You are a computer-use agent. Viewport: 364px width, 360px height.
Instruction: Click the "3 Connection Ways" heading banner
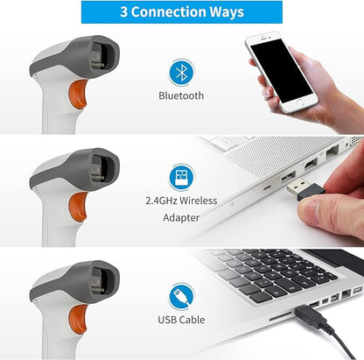[x=181, y=13]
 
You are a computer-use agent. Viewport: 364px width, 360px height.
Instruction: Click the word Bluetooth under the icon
[x=181, y=95]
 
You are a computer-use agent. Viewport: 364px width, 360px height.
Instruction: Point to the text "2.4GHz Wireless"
[x=181, y=201]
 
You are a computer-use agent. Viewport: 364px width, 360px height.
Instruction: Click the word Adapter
[x=181, y=217]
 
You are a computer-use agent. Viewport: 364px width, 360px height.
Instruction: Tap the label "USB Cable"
[x=181, y=321]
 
